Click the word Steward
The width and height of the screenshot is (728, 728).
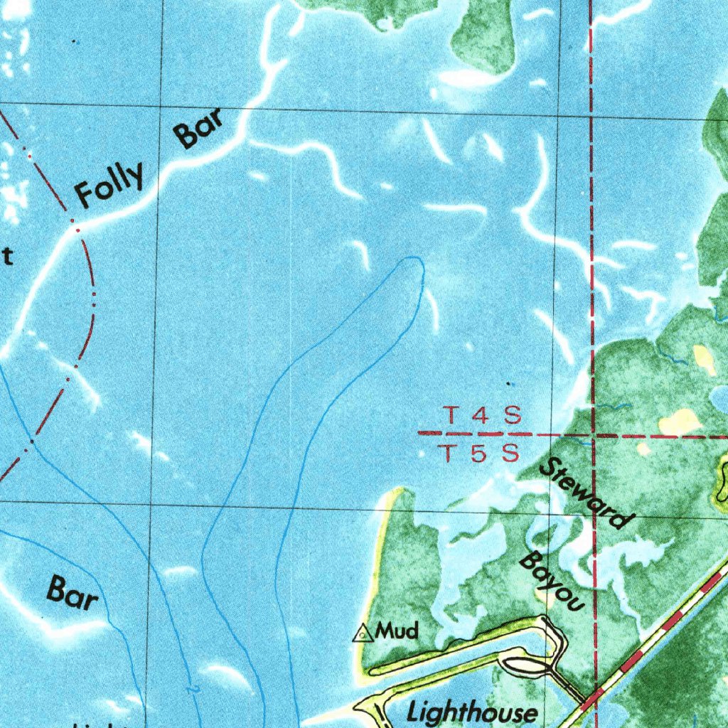coord(585,493)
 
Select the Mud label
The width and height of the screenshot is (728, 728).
coord(397,630)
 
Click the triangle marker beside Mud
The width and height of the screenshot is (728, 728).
coord(363,632)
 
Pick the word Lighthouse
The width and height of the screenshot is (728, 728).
coord(472,712)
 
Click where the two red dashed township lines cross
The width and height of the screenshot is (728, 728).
coord(591,433)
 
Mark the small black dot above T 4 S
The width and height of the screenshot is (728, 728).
coord(508,384)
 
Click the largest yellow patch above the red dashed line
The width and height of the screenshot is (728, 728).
coord(680,422)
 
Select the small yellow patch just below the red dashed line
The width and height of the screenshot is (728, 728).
coord(644,449)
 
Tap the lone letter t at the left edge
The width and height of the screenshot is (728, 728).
coord(7,256)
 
